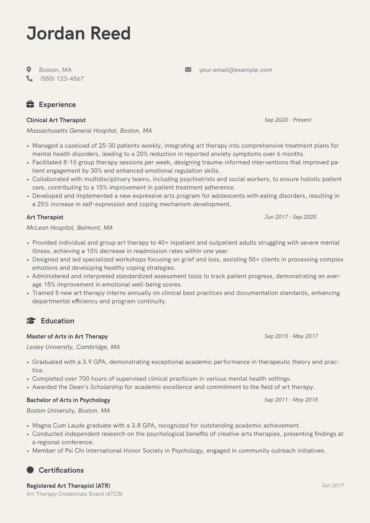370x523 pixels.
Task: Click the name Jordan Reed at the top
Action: [x=78, y=33]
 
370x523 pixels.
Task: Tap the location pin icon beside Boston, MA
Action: [x=29, y=70]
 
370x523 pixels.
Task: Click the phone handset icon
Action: [x=30, y=79]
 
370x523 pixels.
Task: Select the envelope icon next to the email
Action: [x=188, y=70]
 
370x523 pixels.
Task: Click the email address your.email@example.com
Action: [x=235, y=70]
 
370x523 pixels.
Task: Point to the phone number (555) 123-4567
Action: [x=62, y=79]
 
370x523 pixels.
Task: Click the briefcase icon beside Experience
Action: [x=30, y=104]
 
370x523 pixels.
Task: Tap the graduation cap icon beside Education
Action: [x=31, y=321]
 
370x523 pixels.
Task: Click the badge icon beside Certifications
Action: [x=30, y=470]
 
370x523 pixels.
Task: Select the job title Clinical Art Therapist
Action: [x=56, y=120]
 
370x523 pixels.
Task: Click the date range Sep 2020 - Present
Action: [x=288, y=120]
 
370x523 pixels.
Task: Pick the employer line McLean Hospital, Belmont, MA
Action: [x=69, y=228]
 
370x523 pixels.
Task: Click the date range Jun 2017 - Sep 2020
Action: [x=290, y=217]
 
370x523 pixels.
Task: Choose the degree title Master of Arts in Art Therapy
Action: [x=67, y=336]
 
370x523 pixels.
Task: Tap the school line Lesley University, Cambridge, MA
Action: [x=73, y=347]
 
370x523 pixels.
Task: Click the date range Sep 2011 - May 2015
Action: [x=291, y=400]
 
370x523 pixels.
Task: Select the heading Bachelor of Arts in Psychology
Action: [x=68, y=400]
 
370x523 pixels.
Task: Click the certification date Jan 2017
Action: [x=332, y=485]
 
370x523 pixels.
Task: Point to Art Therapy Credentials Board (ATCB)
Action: [x=75, y=494]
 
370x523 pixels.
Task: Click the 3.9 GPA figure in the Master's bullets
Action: [x=94, y=362]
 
